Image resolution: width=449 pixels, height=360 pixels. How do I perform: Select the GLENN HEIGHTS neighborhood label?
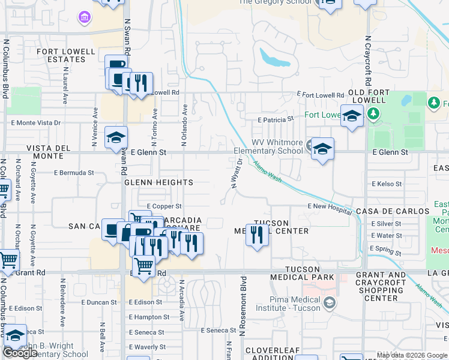coord(158,182)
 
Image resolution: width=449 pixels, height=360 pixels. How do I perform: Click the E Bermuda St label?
coord(74,173)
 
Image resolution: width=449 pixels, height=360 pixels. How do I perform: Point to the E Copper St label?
coord(163,206)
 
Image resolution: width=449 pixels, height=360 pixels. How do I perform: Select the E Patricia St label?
coord(275,120)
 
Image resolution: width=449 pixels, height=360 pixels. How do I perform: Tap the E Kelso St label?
coord(387,184)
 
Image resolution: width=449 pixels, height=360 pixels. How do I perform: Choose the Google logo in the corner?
coord(20,353)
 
